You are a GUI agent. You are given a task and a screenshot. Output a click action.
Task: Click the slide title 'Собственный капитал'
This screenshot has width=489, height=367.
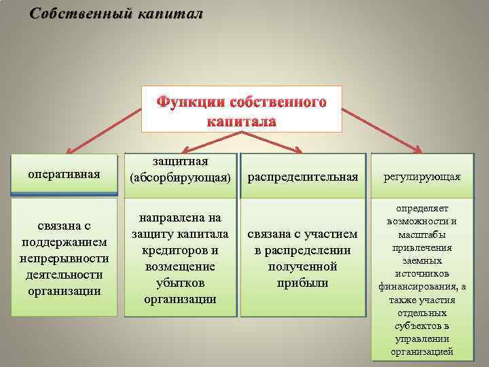point(116,14)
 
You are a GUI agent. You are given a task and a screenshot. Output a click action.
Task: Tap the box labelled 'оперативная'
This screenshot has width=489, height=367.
point(64,174)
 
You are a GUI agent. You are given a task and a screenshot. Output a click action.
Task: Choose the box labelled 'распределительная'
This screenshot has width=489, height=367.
point(303,177)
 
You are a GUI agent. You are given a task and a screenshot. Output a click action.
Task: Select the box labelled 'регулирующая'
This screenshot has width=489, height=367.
point(422,177)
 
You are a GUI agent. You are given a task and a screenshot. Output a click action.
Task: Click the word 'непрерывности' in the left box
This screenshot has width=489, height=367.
point(65,259)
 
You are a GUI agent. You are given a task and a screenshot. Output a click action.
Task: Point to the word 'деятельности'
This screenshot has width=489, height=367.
point(65,275)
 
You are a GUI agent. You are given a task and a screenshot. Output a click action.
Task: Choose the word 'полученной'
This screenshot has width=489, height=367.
point(303,266)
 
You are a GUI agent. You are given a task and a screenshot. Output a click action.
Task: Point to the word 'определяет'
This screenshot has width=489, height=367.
point(422,209)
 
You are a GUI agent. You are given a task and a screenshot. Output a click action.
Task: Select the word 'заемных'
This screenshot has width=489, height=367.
point(422,260)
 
